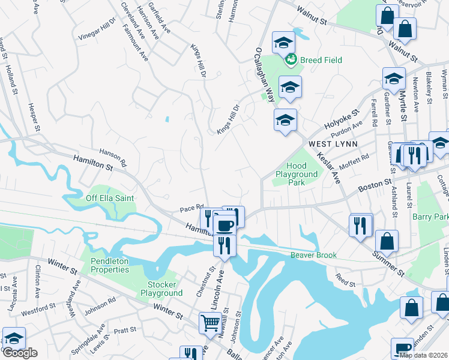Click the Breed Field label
[321, 60]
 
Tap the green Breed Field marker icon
[291, 59]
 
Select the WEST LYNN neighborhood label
[333, 145]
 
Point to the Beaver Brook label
[314, 255]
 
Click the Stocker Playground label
[161, 289]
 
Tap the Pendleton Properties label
[110, 265]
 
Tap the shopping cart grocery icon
[211, 322]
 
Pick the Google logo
[20, 353]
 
